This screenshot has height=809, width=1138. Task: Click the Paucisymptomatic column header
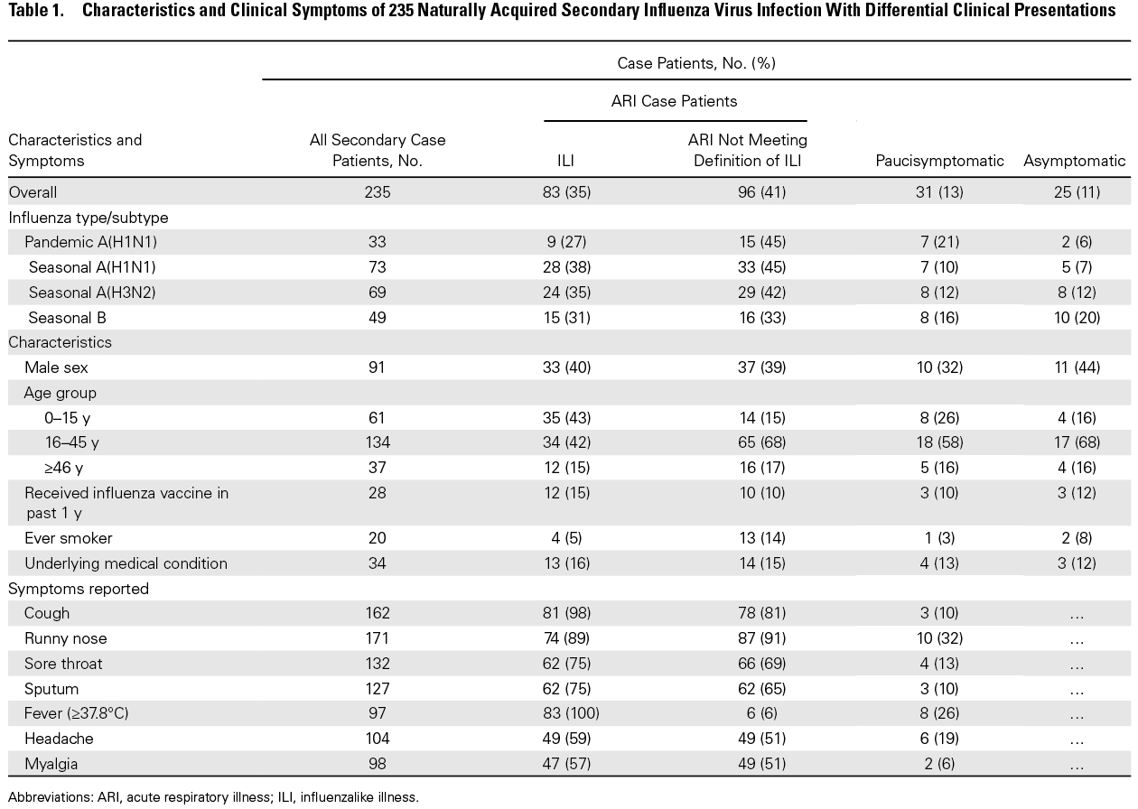pos(939,161)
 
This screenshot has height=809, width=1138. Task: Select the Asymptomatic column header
pos(1074,161)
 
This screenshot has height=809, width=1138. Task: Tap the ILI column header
pos(565,161)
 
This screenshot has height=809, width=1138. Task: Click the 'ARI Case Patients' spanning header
pos(674,101)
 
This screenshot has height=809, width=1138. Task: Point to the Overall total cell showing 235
pos(377,192)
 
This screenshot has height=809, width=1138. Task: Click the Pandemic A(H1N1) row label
pos(90,242)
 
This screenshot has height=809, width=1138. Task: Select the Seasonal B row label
pos(67,318)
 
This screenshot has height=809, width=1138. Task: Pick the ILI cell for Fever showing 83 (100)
pos(571,713)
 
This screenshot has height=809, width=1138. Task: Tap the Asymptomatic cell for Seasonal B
pos(1077,318)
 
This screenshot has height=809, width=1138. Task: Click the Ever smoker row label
pos(68,538)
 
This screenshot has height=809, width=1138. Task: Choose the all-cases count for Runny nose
pos(377,638)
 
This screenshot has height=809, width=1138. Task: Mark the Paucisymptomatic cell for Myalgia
pos(939,764)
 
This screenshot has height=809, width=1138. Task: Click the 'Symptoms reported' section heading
pos(79,589)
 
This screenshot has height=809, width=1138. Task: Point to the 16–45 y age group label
pos(71,442)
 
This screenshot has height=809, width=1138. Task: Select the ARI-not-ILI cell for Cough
pos(761,613)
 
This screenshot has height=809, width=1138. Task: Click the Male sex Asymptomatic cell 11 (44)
pos(1077,367)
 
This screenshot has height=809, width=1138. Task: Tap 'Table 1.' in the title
pos(36,10)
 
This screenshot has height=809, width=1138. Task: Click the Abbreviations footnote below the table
pos(213,797)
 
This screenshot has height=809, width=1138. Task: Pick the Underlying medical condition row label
pos(126,563)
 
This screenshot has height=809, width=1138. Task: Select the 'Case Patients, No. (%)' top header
pos(696,63)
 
